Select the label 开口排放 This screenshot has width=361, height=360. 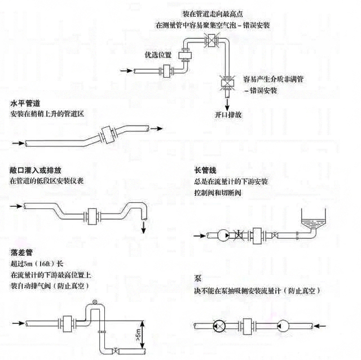(228, 114)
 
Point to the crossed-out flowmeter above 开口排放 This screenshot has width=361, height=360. (227, 82)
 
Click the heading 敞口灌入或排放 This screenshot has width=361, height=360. (36, 170)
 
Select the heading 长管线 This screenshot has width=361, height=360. (205, 170)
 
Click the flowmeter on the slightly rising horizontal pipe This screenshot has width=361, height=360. (108, 135)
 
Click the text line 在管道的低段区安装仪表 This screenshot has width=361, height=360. (47, 180)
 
